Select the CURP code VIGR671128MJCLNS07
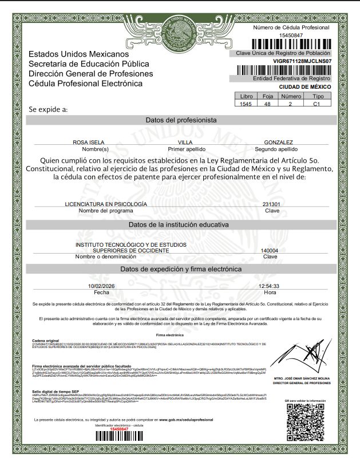[x=303, y=60]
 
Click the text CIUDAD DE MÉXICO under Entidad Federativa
[x=305, y=86]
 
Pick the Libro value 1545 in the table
[x=247, y=105]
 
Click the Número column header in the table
[x=290, y=97]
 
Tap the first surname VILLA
[x=185, y=142]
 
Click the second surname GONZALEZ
[x=279, y=142]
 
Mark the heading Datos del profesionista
[x=181, y=120]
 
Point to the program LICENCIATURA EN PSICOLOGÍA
[x=106, y=204]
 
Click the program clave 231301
[x=271, y=204]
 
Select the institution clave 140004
[x=269, y=251]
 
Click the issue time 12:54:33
[x=269, y=286]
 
